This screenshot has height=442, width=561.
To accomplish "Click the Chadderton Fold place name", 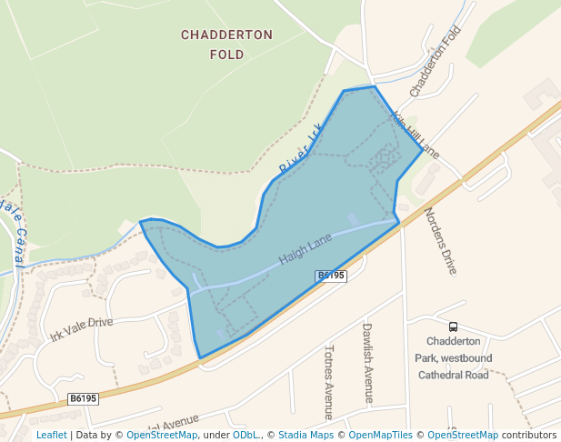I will tap(226, 45).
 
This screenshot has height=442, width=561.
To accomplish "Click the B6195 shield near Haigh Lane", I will tap(331, 275).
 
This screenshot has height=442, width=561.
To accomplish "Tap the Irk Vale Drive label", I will tap(82, 329).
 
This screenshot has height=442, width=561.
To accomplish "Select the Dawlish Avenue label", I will tap(367, 362).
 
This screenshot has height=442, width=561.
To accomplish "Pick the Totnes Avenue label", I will tap(329, 382).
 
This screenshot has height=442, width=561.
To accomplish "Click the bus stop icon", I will tap(453, 327).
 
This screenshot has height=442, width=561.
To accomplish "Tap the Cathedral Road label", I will tap(452, 375).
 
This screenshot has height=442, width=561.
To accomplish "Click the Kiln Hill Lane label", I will tap(416, 135).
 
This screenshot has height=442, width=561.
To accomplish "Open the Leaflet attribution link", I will tap(51, 435).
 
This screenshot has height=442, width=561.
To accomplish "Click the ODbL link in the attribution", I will tap(245, 435).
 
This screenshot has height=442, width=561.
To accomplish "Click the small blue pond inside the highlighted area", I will tap(353, 220).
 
